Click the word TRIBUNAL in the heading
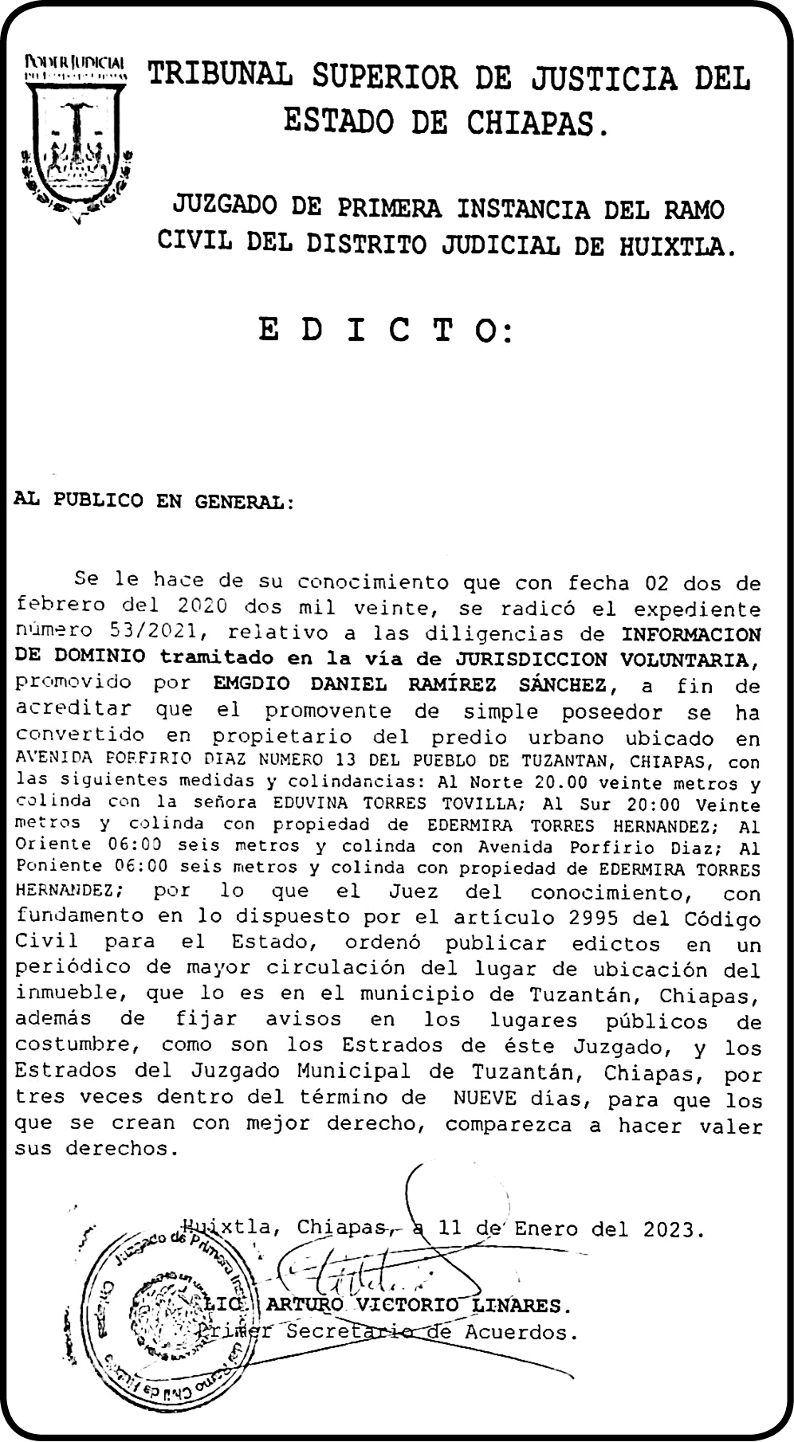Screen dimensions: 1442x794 (221, 76)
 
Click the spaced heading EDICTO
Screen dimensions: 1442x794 (386, 331)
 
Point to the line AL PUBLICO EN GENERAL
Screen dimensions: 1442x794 (154, 502)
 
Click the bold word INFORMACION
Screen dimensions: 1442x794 (690, 634)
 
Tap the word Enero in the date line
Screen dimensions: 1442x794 (546, 1228)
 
